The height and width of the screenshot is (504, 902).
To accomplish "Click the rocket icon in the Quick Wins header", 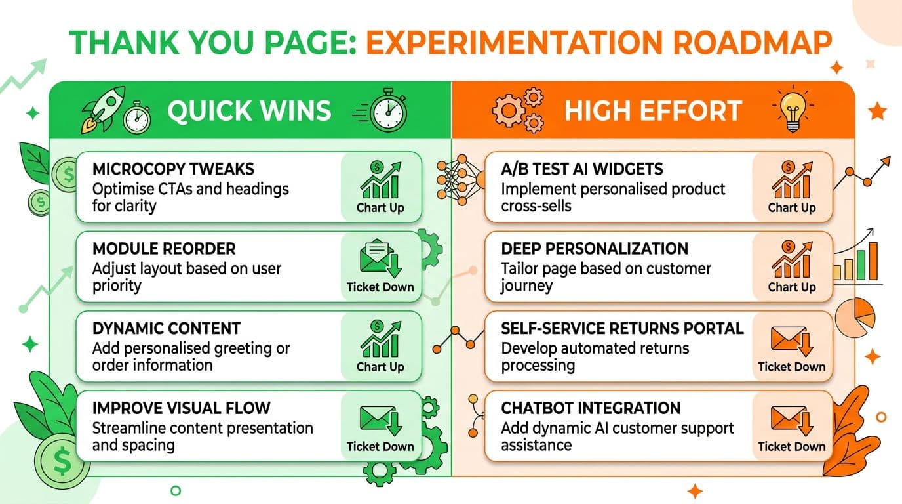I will coord(102,110).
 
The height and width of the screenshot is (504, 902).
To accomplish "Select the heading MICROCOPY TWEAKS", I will coord(173,169).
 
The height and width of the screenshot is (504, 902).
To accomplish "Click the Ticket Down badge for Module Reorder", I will coord(380,266).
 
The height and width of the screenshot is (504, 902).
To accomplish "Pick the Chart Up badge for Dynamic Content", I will coord(380,346).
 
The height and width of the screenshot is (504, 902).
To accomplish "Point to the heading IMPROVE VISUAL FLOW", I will coord(181,408).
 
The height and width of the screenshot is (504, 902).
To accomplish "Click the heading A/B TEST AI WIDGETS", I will coord(582,169).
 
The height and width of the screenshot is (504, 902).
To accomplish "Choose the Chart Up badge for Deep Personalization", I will coord(791,266).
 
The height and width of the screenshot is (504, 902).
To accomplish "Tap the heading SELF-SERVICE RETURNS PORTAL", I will coord(622,328).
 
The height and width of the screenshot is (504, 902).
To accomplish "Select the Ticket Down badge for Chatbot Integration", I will coord(791,427).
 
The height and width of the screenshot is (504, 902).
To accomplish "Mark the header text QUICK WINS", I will coord(249,111).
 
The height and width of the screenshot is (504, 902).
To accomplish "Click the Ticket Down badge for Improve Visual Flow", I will coord(380,427).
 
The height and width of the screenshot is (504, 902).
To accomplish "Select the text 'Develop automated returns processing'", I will coord(595,356).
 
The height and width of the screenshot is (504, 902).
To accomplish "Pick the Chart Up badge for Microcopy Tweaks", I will coord(380,187).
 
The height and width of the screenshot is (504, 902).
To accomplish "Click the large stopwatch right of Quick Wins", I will coord(388,110).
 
